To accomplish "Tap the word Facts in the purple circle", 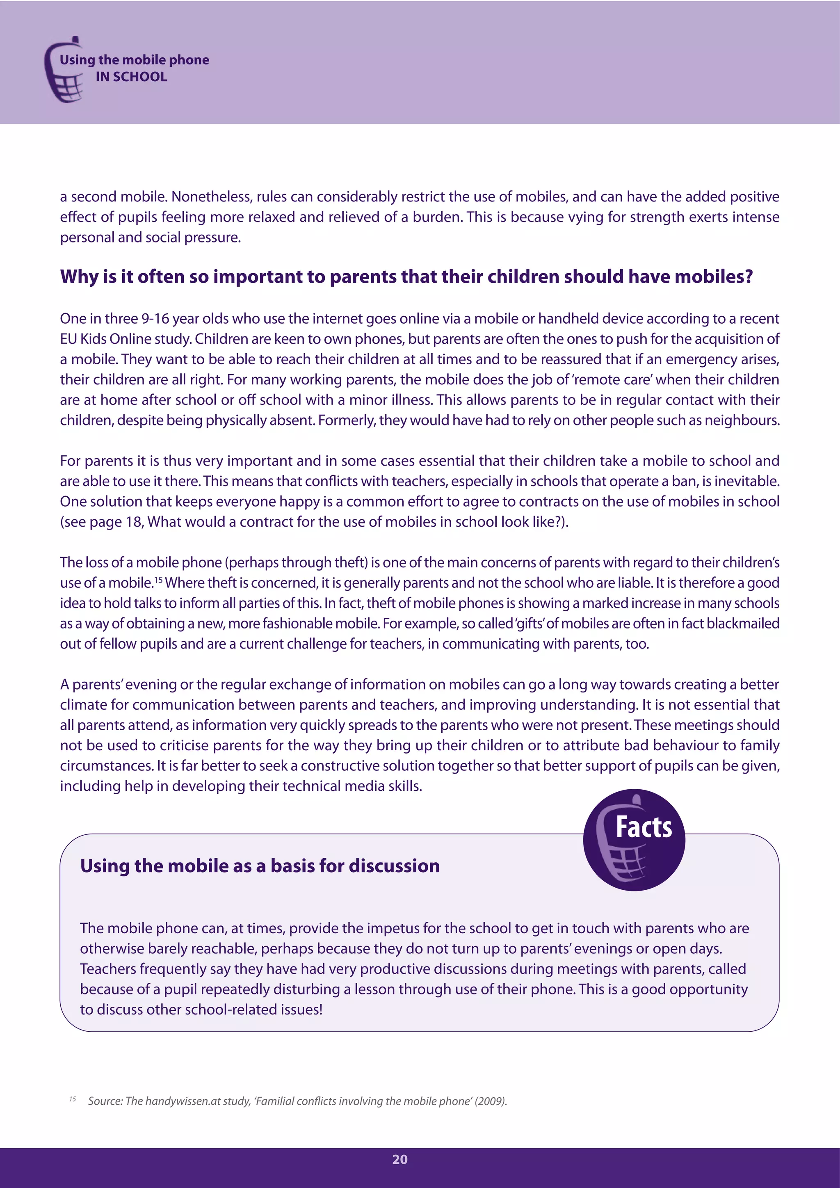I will point(644,827).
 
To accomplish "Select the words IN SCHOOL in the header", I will point(131,77).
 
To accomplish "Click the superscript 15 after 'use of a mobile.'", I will point(158,580).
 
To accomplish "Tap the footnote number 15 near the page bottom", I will point(73,1099).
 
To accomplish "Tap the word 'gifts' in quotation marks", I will point(529,624).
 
